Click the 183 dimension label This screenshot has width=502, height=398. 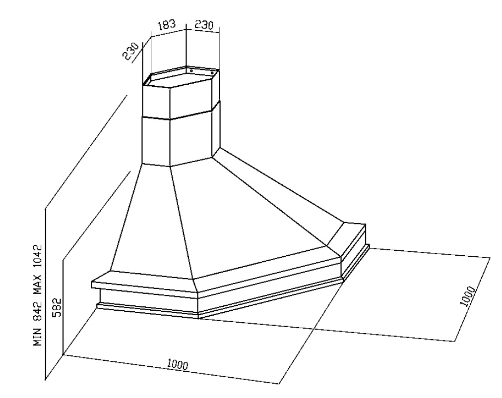pyautogui.click(x=167, y=26)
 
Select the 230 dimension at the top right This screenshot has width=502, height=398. pyautogui.click(x=203, y=25)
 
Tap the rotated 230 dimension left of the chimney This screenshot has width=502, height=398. pyautogui.click(x=132, y=51)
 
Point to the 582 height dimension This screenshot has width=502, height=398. pyautogui.click(x=57, y=308)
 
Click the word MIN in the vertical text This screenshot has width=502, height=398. pyautogui.click(x=38, y=337)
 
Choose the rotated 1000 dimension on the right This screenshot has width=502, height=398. pyautogui.click(x=467, y=297)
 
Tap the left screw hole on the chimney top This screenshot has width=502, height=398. pyautogui.click(x=191, y=71)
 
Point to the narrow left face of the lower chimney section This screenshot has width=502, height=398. pyautogui.click(x=156, y=141)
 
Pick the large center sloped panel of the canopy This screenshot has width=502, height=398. pyautogui.click(x=248, y=213)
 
